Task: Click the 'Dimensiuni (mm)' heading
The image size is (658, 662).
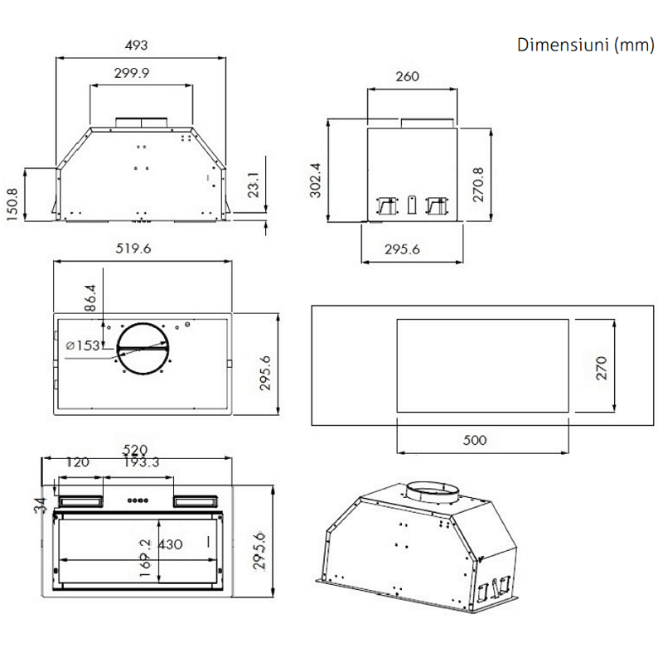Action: (x=586, y=45)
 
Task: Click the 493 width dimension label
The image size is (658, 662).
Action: (x=136, y=46)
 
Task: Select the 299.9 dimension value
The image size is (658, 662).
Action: (x=132, y=73)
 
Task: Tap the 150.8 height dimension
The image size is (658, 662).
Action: (x=12, y=205)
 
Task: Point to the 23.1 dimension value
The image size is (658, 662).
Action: (x=254, y=185)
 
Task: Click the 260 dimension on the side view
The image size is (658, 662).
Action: (x=407, y=76)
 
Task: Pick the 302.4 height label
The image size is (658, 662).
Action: (x=316, y=181)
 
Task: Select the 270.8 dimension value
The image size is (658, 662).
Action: (x=478, y=185)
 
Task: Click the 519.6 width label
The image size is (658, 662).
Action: (x=133, y=249)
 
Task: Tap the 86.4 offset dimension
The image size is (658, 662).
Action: (x=90, y=298)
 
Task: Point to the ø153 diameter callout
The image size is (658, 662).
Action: (x=83, y=345)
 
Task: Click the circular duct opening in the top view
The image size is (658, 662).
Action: (x=143, y=323)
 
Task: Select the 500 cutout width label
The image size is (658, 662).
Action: (x=475, y=440)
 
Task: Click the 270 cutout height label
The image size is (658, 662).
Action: (x=601, y=368)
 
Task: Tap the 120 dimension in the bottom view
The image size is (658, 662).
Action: (x=77, y=462)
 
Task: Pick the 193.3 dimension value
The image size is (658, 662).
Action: (x=142, y=462)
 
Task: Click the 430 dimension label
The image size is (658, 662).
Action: (x=170, y=544)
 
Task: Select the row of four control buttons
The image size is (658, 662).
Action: (x=138, y=500)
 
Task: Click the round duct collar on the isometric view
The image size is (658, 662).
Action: (x=433, y=493)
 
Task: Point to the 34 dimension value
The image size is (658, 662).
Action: (x=41, y=505)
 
